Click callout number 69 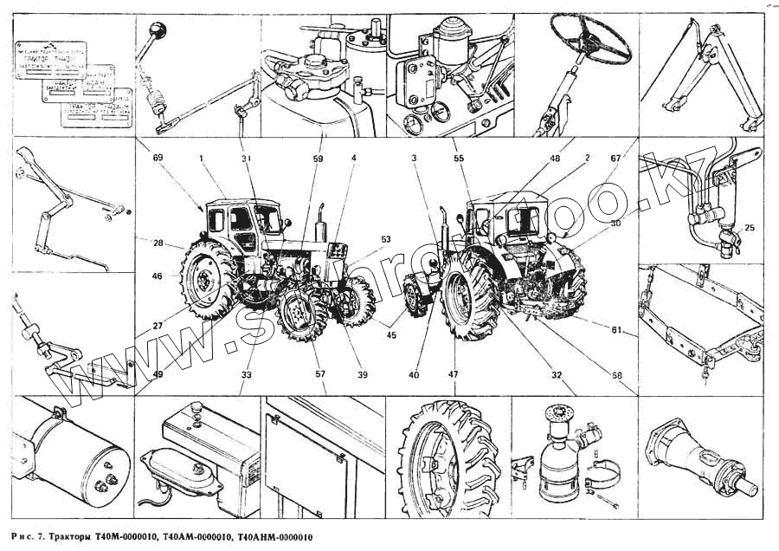point(158,159)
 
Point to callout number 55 point(458,159)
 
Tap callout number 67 point(615,159)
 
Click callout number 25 point(749,228)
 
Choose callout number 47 point(453,375)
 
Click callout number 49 point(158,375)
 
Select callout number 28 point(158,245)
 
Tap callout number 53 point(385,239)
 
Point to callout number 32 point(557,375)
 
